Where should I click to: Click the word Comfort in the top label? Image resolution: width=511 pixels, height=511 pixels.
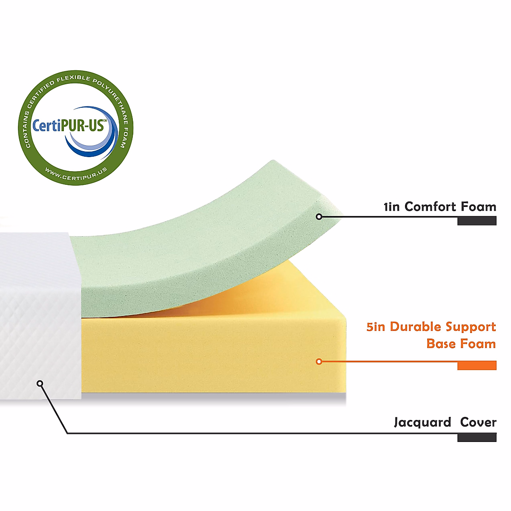point(431,207)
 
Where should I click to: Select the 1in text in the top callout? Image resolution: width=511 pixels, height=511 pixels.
point(392,207)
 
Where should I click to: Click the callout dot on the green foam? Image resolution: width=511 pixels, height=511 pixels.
point(319,217)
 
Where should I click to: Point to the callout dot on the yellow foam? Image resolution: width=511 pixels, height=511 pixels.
point(319,362)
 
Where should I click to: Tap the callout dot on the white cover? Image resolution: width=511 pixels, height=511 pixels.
point(40,383)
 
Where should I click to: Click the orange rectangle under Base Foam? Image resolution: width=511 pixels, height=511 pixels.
point(477,365)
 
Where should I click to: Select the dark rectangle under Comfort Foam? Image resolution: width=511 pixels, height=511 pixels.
point(477,221)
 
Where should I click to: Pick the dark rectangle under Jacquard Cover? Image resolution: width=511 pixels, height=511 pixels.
point(477,437)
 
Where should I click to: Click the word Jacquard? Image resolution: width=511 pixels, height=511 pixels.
point(422,423)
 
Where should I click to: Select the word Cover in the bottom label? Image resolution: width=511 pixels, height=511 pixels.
point(478,422)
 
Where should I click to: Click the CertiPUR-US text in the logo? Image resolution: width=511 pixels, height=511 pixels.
point(69,126)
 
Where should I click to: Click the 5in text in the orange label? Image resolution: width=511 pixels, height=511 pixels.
point(376,327)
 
